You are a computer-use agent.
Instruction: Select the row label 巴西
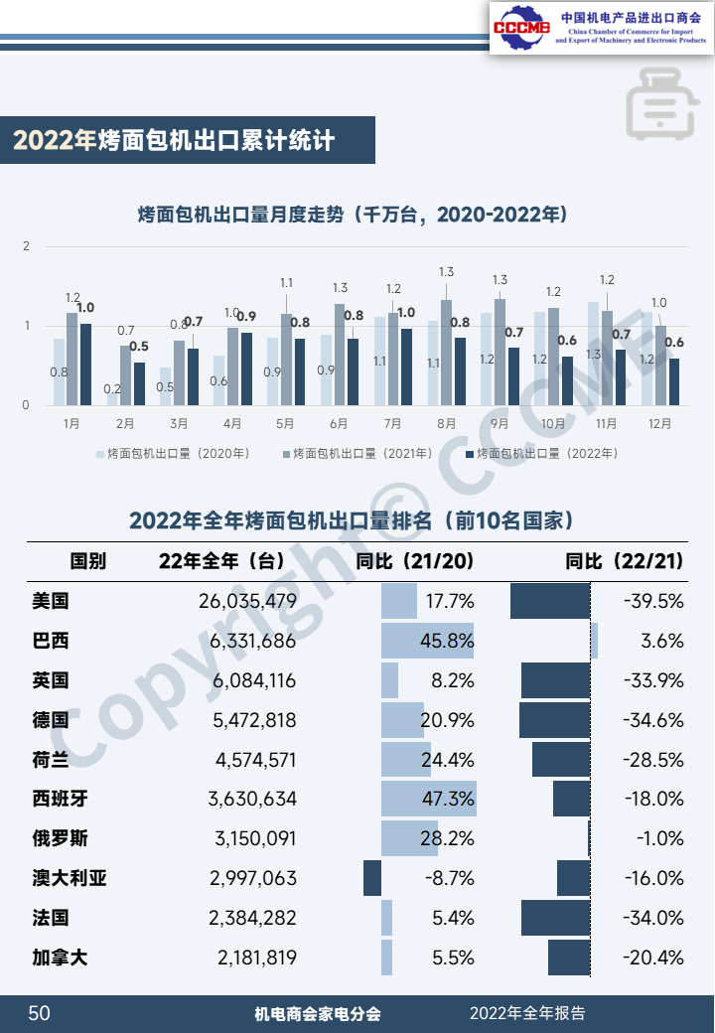pos(51,641)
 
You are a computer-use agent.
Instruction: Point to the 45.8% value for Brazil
pos(446,641)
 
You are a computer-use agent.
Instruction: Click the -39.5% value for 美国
pos(654,601)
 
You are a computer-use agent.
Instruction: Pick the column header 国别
pos(87,561)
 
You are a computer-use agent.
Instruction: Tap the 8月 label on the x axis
pos(446,423)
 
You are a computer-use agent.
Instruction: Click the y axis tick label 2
pos(27,246)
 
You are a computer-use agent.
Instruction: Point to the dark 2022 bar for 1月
pos(85,365)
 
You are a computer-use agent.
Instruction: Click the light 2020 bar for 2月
pos(112,396)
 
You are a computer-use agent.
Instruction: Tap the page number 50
pos(39,1013)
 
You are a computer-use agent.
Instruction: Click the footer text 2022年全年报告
pos(527,1013)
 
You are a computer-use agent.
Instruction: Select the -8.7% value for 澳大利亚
pos(451,878)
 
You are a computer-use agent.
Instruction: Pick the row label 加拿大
pos(60,958)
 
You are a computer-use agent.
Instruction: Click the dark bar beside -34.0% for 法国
pos(555,918)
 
